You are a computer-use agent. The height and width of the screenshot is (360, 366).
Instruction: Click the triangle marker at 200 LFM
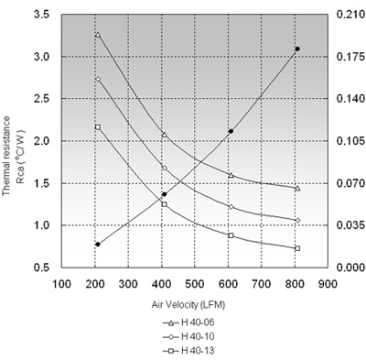click(98, 35)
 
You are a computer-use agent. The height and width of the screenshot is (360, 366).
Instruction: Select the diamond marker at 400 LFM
click(165, 168)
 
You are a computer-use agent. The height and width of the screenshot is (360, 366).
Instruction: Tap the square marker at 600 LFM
click(231, 235)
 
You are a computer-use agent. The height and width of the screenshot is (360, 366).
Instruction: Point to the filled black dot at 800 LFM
click(297, 49)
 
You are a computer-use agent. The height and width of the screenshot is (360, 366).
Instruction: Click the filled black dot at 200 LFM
click(98, 245)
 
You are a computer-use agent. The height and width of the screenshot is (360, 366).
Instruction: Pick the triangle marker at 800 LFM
click(297, 188)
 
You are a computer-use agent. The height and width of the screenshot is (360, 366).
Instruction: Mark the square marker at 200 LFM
click(98, 127)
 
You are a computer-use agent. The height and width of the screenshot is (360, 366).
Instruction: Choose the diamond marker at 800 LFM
click(297, 220)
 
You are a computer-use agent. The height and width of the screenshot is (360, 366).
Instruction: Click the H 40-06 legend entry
click(188, 322)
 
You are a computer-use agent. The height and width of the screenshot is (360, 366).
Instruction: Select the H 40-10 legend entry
click(188, 336)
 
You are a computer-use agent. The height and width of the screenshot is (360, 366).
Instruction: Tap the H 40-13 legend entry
click(188, 351)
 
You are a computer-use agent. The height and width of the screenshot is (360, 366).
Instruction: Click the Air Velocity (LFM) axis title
click(188, 305)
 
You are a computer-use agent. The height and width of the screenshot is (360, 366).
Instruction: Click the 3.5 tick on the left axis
click(42, 15)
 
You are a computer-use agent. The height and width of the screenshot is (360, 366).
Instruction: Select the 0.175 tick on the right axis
click(350, 57)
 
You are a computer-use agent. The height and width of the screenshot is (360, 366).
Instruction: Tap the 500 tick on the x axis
click(195, 284)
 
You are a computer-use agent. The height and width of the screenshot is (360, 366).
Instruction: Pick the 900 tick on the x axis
click(328, 284)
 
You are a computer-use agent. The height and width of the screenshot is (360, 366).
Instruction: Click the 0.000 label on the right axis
click(350, 267)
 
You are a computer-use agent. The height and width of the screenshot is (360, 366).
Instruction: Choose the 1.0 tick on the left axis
click(42, 225)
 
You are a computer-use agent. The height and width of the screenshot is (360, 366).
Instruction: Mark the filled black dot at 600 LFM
click(231, 131)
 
